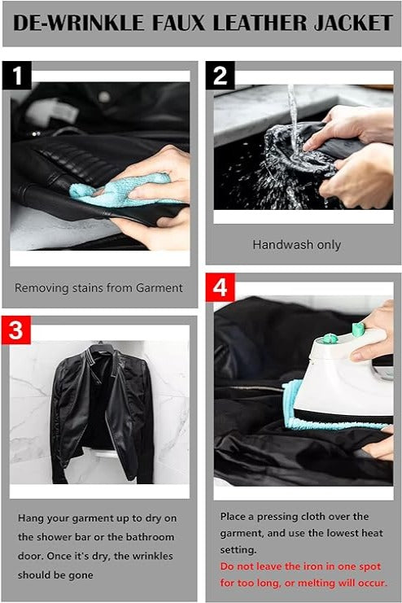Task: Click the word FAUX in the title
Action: pyautogui.click(x=178, y=23)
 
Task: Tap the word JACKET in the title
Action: pyautogui.click(x=353, y=23)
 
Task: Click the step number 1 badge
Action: pyautogui.click(x=17, y=76)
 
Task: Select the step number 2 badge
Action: pyautogui.click(x=220, y=76)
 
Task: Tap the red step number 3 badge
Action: pyautogui.click(x=16, y=330)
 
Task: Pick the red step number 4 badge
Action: pyautogui.click(x=220, y=287)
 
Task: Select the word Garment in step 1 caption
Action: pyautogui.click(x=158, y=287)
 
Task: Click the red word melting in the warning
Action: pyautogui.click(x=314, y=583)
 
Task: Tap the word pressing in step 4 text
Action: pyautogui.click(x=275, y=517)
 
